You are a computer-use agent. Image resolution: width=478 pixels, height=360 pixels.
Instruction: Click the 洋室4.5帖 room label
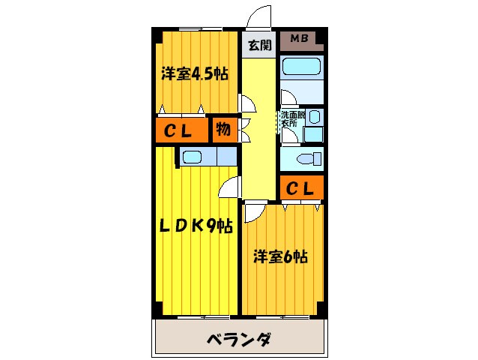pyautogui.click(x=194, y=73)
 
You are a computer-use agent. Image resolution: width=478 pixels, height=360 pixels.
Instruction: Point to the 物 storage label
pyautogui.click(x=223, y=130)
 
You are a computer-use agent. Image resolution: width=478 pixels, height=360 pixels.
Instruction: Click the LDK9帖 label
pyautogui.click(x=194, y=226)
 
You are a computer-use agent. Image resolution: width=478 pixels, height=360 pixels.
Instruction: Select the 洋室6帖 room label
pyautogui.click(x=279, y=256)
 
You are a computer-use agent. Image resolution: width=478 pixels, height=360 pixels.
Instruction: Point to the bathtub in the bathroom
pyautogui.click(x=301, y=67)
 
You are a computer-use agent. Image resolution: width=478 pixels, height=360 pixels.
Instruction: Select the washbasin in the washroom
pyautogui.click(x=315, y=118)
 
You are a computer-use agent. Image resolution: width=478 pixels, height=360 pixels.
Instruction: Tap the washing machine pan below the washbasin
pyautogui.click(x=314, y=135)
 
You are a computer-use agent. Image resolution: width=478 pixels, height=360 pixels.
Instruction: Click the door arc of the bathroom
pyautogui.click(x=288, y=97)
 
